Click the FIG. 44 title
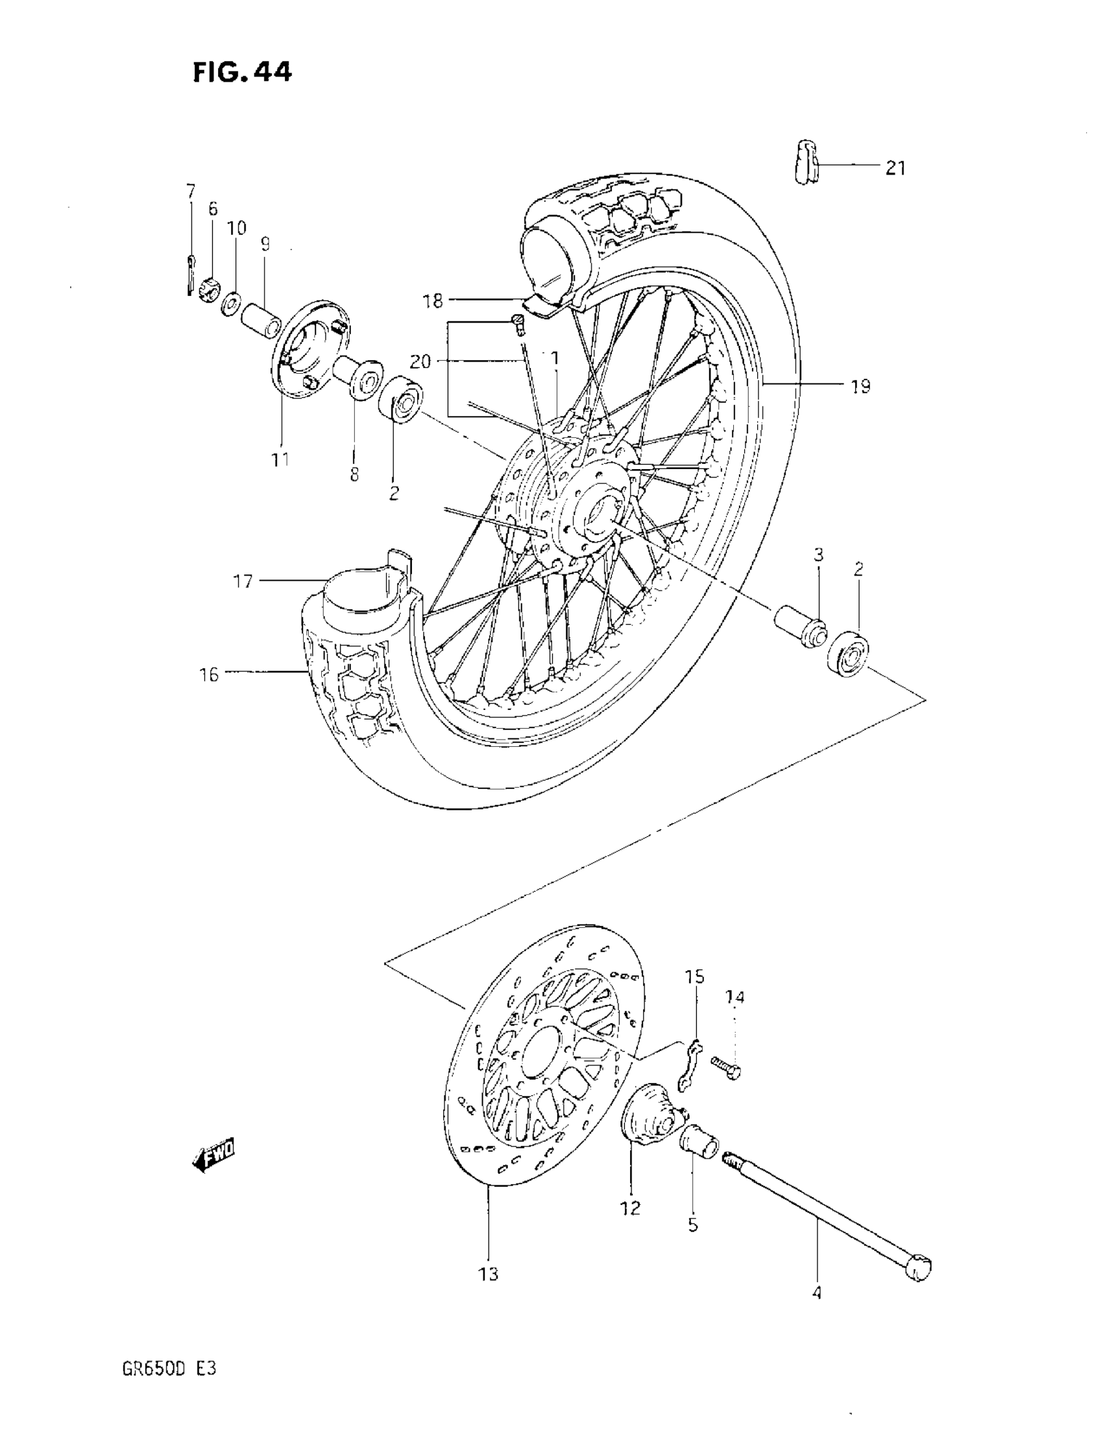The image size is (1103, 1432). coord(242,72)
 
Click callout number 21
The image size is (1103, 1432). coord(895,169)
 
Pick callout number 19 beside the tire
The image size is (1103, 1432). coord(860,387)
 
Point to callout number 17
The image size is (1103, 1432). coord(243,581)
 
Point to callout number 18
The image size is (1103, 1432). coord(433,302)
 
